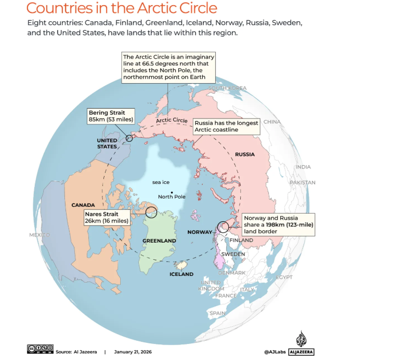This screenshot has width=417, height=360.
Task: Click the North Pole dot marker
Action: (x=172, y=192)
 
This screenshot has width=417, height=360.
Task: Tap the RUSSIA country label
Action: (x=245, y=154)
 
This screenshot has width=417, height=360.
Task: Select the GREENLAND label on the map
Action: (x=159, y=241)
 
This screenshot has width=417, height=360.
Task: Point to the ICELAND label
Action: (x=181, y=274)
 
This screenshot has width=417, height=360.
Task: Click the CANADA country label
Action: (x=83, y=205)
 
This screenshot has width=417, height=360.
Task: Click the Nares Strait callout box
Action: (x=106, y=217)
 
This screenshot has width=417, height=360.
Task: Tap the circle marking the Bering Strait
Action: (x=129, y=138)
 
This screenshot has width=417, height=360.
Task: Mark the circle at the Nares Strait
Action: (x=151, y=212)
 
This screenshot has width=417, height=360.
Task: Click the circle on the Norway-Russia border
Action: (x=223, y=226)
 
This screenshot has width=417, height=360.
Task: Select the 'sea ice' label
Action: (x=161, y=182)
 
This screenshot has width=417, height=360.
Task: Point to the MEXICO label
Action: (x=40, y=235)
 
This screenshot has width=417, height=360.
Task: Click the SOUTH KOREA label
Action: (x=227, y=88)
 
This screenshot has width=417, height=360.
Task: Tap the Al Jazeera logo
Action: (x=302, y=344)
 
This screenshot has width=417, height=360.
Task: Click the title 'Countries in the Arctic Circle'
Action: (x=122, y=8)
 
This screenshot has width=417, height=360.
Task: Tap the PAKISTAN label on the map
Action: (x=302, y=182)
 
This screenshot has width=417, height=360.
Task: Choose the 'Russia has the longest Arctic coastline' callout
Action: (x=226, y=126)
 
